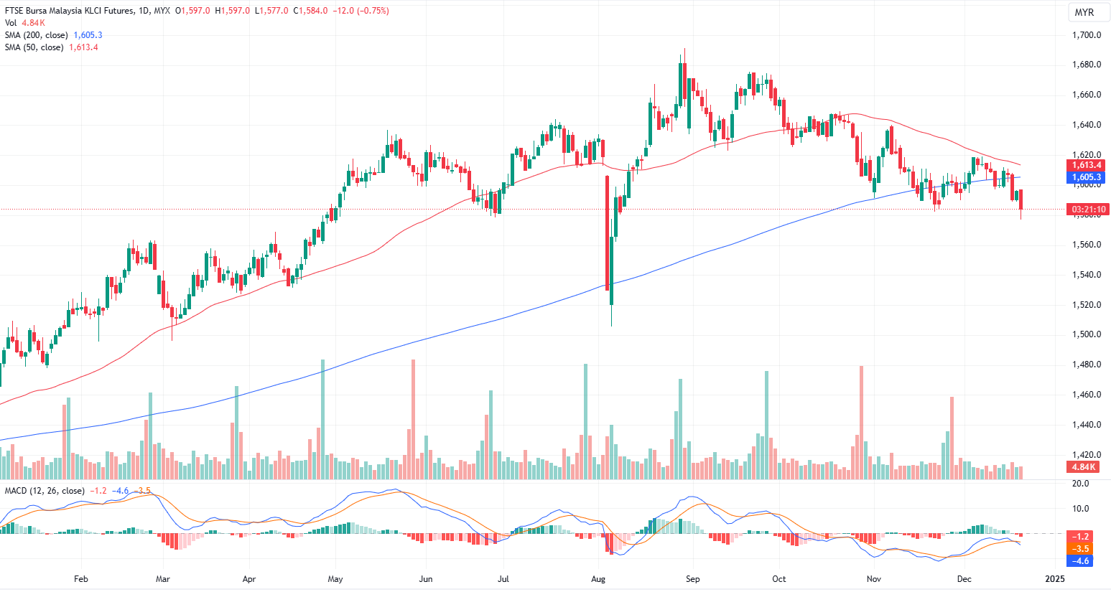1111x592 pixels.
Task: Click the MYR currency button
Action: (x=1084, y=12)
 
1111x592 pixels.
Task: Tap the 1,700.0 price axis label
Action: (x=1087, y=35)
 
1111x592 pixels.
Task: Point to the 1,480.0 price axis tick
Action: (x=1087, y=365)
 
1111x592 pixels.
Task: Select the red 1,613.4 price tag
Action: (x=1087, y=165)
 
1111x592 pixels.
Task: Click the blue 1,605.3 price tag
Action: (x=1087, y=177)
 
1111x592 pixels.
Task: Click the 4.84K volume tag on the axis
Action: (x=1084, y=467)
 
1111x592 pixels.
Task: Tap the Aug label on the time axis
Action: (x=598, y=578)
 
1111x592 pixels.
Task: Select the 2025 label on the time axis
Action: (x=1054, y=578)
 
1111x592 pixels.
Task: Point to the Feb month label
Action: (x=81, y=578)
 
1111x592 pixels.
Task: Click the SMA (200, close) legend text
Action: (x=37, y=35)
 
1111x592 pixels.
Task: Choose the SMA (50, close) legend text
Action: (x=34, y=47)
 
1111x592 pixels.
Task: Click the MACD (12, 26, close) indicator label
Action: (x=45, y=491)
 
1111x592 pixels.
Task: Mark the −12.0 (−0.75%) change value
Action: (x=361, y=11)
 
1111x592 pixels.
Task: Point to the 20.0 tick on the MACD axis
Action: (x=1080, y=484)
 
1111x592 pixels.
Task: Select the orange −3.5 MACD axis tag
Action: (x=1081, y=549)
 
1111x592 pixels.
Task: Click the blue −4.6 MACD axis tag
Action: (x=1081, y=561)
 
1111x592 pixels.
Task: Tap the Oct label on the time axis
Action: (x=778, y=578)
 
